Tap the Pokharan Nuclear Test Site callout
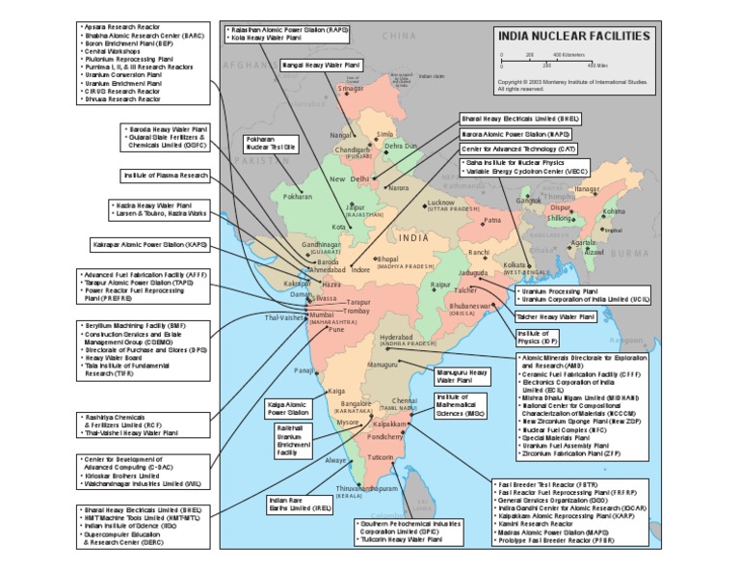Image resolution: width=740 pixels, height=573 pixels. click(x=270, y=144)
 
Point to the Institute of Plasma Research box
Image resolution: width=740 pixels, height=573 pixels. click(x=166, y=177)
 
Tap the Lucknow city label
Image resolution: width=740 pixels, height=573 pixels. click(x=440, y=203)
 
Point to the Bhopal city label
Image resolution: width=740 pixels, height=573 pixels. click(x=387, y=259)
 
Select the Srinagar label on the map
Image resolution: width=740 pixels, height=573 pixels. click(x=352, y=89)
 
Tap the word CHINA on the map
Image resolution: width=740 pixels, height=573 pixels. click(x=399, y=36)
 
